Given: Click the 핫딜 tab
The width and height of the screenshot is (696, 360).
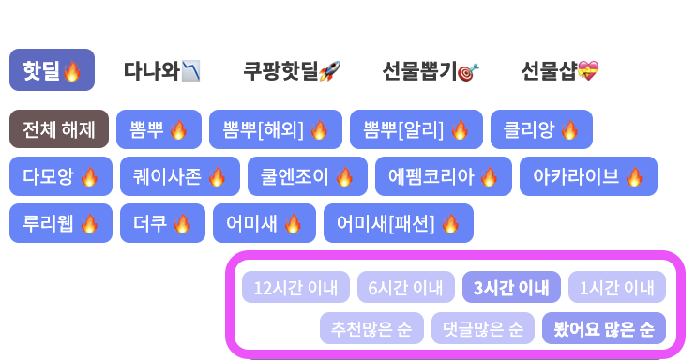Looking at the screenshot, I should coord(52,70).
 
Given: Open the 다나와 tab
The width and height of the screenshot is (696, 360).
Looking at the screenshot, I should coord(161,70).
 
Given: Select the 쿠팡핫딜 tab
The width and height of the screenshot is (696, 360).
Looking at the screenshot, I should coord(292,70).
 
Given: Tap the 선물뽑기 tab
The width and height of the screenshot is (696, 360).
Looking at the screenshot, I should coord(431,70).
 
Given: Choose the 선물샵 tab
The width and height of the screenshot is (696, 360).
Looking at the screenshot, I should coord(559,70).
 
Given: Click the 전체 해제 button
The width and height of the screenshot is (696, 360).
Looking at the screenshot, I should coord(59,129).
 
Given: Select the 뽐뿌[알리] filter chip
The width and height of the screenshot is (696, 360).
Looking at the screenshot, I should coord(416,129).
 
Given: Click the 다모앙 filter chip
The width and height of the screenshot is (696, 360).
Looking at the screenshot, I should coord(61,176).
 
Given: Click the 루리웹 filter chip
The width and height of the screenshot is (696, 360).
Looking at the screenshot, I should coord(61,223).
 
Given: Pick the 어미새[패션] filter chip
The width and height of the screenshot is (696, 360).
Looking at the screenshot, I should coord(398,223).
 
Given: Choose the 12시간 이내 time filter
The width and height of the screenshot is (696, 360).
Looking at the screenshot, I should coord(295,287).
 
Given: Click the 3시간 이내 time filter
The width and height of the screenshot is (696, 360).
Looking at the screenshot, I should coord(511,287).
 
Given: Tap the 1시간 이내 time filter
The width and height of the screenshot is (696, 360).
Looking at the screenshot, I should coord(616,287).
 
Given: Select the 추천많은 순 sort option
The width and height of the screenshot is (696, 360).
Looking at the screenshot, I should coord(371,328).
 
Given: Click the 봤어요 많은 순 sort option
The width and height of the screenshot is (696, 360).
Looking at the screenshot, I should coord(604,328).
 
